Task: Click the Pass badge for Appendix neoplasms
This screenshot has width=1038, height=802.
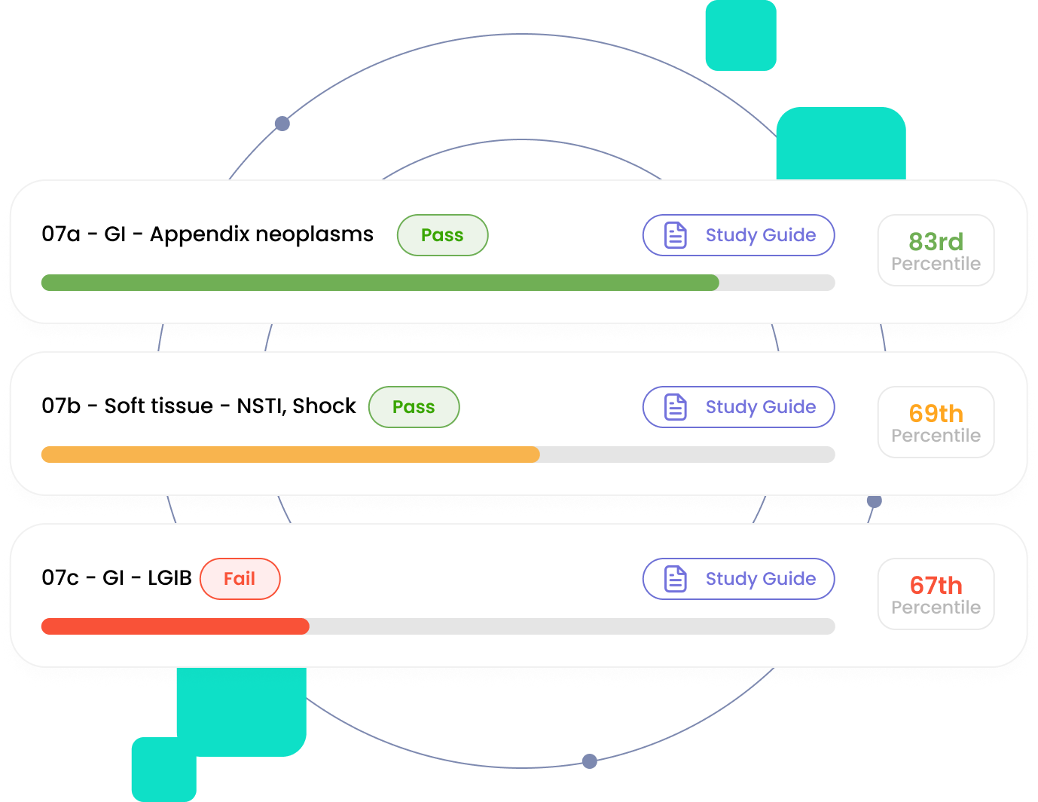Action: pos(442,235)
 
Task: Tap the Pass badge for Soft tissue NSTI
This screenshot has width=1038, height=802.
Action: pos(414,407)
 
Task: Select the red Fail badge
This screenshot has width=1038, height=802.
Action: pos(240,579)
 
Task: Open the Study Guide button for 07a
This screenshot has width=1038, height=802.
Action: pos(738,235)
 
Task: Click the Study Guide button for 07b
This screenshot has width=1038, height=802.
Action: pos(738,407)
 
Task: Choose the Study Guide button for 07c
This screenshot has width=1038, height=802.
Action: pos(738,579)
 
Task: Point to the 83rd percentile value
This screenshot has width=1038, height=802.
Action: pos(936,242)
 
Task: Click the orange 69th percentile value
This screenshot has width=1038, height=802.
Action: pos(936,414)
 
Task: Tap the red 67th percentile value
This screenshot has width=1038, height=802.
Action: pos(936,586)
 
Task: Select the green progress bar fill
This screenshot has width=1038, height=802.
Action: pos(380,283)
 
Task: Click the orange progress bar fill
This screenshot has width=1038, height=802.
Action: pos(290,455)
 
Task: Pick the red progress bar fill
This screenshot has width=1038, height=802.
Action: pos(175,626)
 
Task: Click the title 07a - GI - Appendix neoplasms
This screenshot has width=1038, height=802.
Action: pos(207,234)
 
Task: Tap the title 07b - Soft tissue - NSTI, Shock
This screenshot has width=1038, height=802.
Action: pos(198,406)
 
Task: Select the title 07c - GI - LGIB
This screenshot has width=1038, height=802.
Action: pos(117,578)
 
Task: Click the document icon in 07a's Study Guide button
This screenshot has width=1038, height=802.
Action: pos(676,235)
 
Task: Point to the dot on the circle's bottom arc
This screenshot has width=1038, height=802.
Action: pos(590,761)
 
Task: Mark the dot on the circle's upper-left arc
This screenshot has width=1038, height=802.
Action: pos(282,124)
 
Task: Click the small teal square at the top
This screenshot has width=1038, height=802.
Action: pos(740,35)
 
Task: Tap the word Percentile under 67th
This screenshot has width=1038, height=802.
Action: pos(936,608)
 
